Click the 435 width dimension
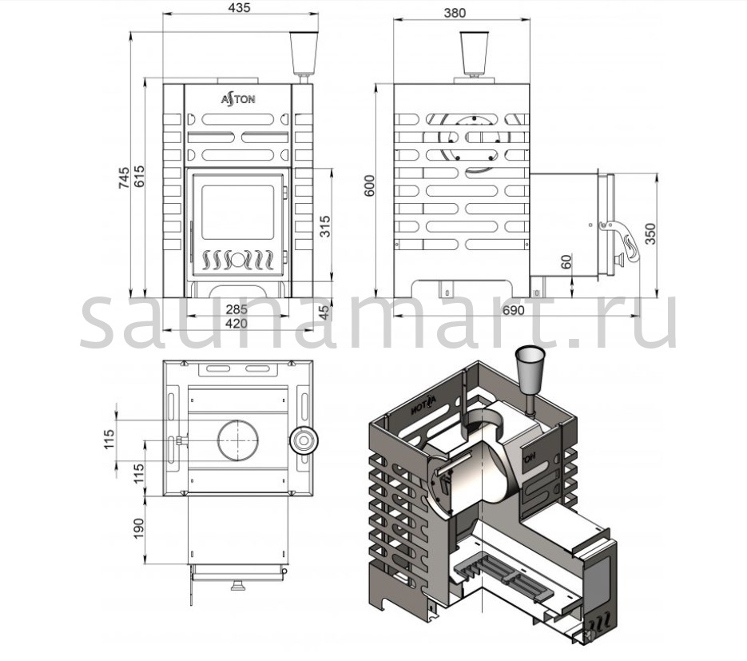237,9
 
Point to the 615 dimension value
140,177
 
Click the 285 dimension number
236,309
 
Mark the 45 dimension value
324,312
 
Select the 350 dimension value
650,233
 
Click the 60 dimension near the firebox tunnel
567,261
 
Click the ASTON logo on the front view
238,100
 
